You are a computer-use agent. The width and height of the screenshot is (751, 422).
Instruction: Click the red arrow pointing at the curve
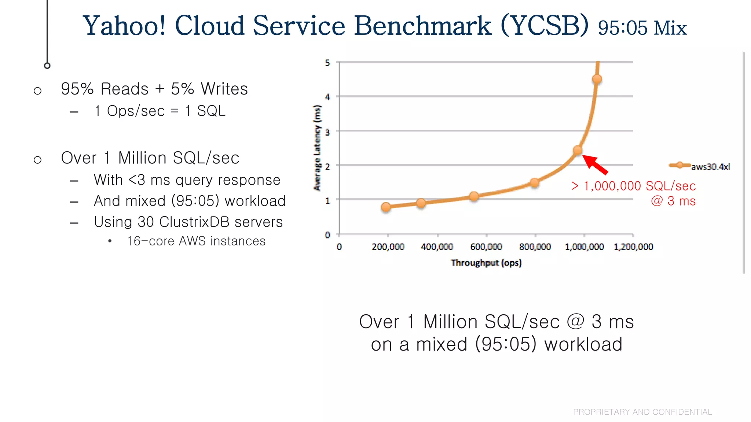pos(595,164)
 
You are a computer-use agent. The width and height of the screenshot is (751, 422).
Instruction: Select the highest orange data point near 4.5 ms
pos(597,79)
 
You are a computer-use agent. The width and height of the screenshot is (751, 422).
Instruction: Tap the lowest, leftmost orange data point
pos(386,207)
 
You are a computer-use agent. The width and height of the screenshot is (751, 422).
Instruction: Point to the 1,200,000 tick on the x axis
pos(633,247)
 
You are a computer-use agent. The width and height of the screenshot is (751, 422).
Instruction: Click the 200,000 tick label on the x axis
pos(388,247)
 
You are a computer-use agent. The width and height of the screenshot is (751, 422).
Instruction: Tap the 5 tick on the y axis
pos(327,63)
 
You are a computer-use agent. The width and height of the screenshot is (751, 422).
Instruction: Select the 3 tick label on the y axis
pos(327,132)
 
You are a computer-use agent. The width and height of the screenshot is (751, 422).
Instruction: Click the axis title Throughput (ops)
pos(486,263)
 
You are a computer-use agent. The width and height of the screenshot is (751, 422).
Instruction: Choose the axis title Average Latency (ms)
pos(317,148)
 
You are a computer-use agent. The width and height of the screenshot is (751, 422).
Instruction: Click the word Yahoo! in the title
pos(124,26)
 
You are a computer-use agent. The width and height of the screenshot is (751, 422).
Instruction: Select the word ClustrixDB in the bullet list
pos(194,222)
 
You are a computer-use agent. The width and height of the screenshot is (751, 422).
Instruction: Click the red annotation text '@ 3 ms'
pos(673,201)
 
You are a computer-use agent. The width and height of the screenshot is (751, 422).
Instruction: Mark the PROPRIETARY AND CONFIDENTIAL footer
pos(642,412)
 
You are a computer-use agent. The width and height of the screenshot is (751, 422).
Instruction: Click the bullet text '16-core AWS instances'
pos(196,241)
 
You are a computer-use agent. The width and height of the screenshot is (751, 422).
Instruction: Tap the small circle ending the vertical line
pos(47,66)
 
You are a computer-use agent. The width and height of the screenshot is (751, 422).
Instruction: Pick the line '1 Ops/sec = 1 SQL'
pos(160,111)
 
